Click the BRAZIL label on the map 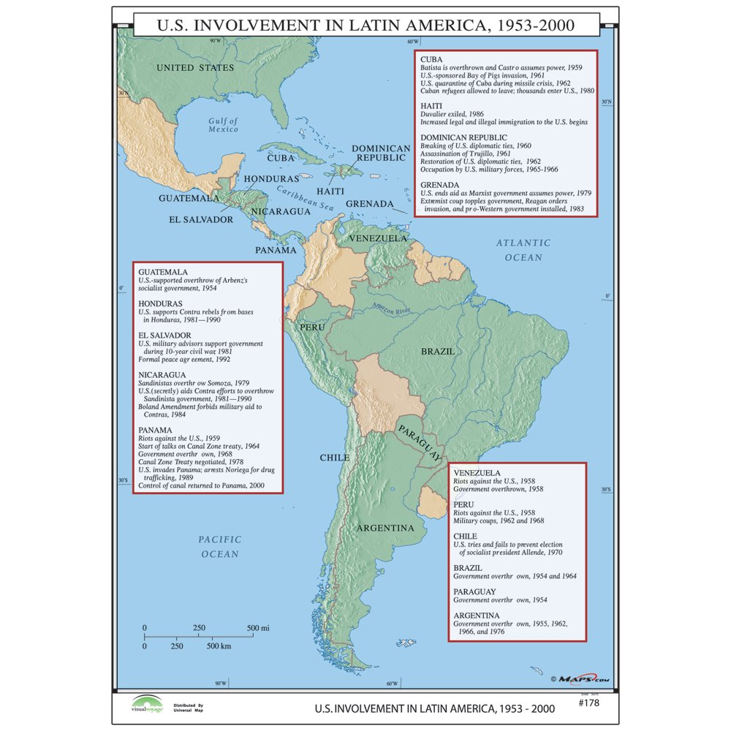click(x=438, y=352)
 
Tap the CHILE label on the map click(x=334, y=458)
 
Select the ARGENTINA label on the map click(x=385, y=528)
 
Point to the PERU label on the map click(x=312, y=327)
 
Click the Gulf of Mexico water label click(x=222, y=125)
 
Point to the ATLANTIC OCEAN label click(x=523, y=250)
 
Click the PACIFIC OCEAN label click(x=219, y=547)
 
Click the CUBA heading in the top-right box click(x=431, y=58)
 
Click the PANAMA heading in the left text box click(x=155, y=430)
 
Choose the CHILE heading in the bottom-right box click(x=465, y=536)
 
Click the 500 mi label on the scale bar click(x=258, y=628)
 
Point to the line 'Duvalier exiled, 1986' click(x=452, y=114)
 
